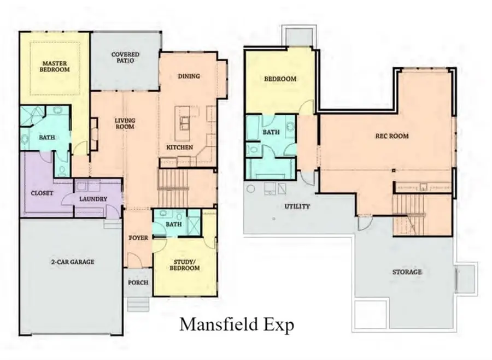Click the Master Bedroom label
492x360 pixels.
point(55,67)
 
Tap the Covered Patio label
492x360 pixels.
point(125,57)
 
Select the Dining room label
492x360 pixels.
point(189,76)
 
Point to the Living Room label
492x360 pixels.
point(125,123)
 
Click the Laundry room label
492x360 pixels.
point(92,199)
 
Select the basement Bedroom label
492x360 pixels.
point(280,79)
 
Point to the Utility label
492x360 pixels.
point(297,206)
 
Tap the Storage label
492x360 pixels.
point(407,272)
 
